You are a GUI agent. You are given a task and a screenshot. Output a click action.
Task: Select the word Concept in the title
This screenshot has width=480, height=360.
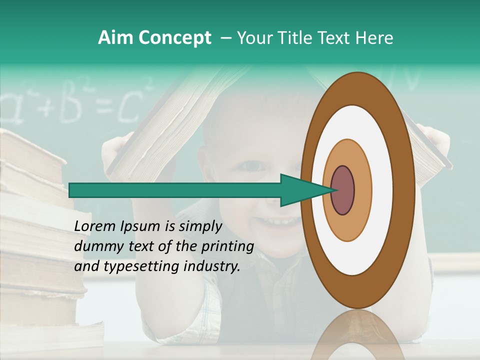[x=174, y=38]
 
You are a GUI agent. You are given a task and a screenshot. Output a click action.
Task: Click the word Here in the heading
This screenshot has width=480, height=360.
[x=374, y=38]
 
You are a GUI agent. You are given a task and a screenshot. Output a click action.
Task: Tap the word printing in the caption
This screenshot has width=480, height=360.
[x=227, y=247]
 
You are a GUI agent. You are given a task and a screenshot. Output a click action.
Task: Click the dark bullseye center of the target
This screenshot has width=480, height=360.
[x=342, y=190]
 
